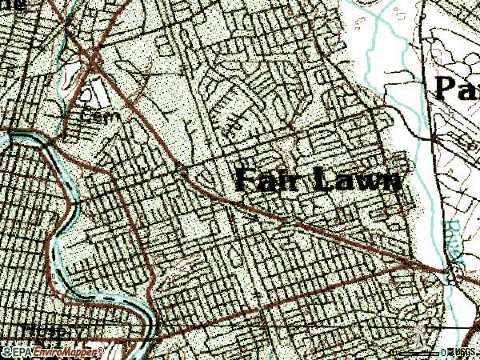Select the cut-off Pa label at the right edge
point(456,86)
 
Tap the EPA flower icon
point(8,351)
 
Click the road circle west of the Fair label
point(182,170)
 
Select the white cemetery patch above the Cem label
point(96,94)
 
